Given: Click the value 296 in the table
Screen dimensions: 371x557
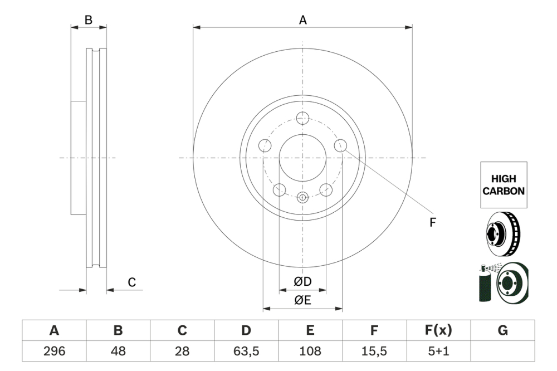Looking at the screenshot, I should tap(54, 351).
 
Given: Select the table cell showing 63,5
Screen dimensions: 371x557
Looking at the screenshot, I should tap(246, 351).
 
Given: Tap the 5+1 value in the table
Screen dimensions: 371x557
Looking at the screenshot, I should tap(438, 351).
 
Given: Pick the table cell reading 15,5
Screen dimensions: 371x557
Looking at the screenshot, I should tap(374, 351).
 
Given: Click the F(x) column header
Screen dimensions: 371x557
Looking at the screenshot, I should tap(438, 330).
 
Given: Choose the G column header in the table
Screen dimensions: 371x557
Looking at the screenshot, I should tap(502, 330).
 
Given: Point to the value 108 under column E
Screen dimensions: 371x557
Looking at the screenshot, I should tap(310, 351).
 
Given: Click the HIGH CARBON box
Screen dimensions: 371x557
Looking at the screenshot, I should tap(503, 185).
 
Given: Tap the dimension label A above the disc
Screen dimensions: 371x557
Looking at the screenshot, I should tap(303, 21).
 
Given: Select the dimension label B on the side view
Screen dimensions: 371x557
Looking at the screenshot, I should tap(88, 21).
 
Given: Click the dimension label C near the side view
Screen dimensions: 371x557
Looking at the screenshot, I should tap(132, 282).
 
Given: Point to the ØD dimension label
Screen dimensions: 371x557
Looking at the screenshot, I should tap(302, 282).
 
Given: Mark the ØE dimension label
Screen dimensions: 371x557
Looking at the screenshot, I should tap(302, 300).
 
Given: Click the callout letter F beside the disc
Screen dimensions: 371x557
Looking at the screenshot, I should tap(432, 223).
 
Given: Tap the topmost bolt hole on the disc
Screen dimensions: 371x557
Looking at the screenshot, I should tap(302, 118).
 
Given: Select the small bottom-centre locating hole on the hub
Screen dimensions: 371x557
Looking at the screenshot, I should tap(302, 197).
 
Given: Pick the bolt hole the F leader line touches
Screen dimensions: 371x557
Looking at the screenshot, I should tap(340, 145).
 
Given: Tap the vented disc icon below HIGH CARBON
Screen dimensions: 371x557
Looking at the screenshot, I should tap(503, 233).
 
